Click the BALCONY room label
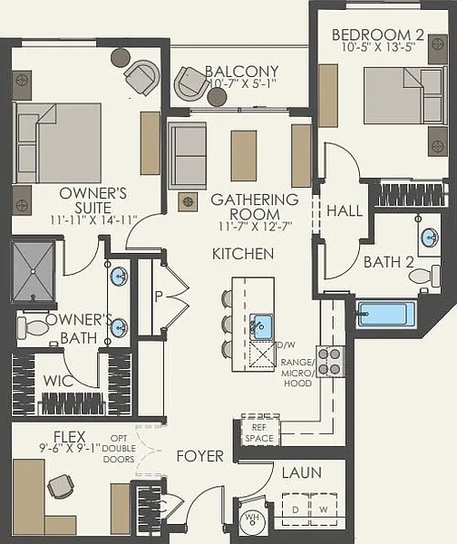click(242, 72)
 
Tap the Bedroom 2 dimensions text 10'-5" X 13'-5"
click(379, 47)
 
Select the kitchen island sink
click(261, 326)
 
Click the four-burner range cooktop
click(330, 362)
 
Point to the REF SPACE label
click(259, 432)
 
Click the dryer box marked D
click(296, 510)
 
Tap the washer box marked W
click(324, 510)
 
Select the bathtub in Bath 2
click(386, 315)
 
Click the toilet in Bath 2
click(424, 276)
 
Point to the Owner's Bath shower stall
click(33, 271)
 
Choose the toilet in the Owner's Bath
click(33, 327)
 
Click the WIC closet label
click(58, 381)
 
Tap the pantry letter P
click(159, 296)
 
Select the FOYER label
click(199, 456)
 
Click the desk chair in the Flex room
click(60, 486)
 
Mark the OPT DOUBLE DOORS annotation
click(119, 449)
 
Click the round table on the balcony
click(218, 97)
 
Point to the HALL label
click(345, 210)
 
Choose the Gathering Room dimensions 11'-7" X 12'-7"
click(256, 226)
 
